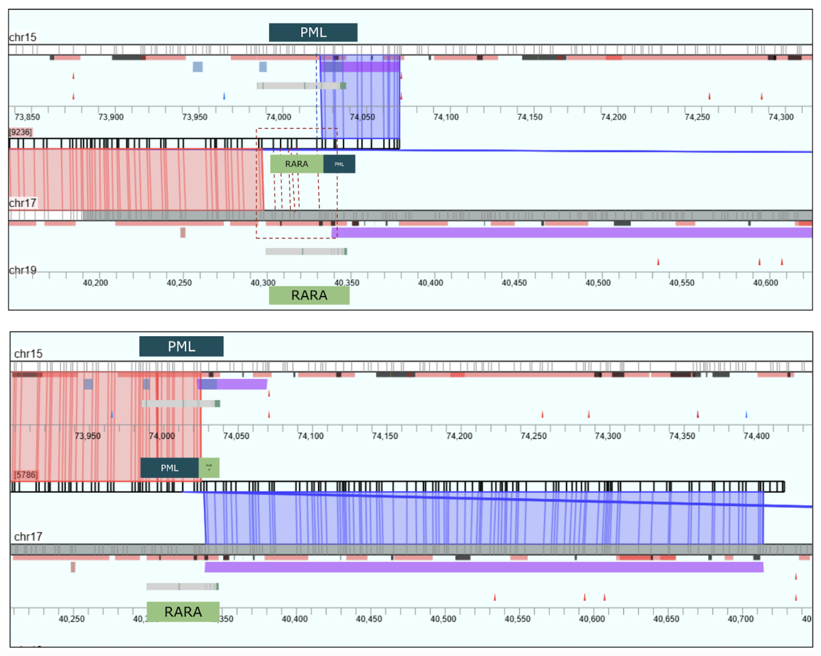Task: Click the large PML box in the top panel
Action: pyautogui.click(x=313, y=33)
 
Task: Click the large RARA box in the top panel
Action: pyautogui.click(x=309, y=295)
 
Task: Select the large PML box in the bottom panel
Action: pyautogui.click(x=182, y=346)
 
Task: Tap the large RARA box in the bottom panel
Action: pyautogui.click(x=183, y=612)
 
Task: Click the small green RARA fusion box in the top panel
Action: pyautogui.click(x=297, y=164)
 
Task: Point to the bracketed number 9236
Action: pyautogui.click(x=21, y=132)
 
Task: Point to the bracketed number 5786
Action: pyautogui.click(x=26, y=475)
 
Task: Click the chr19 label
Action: pyautogui.click(x=23, y=270)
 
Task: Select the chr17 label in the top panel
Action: pyautogui.click(x=23, y=203)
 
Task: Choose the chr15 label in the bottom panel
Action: pyautogui.click(x=28, y=354)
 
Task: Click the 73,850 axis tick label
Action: pyautogui.click(x=27, y=117)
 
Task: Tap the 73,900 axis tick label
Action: pyautogui.click(x=111, y=117)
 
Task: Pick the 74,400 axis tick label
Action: pyautogui.click(x=756, y=436)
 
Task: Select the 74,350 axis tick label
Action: pyautogui.click(x=682, y=436)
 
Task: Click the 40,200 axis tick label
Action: pyautogui.click(x=96, y=283)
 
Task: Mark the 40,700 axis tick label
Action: pyautogui.click(x=740, y=619)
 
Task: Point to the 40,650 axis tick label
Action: pyautogui.click(x=666, y=619)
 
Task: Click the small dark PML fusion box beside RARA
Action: pyautogui.click(x=339, y=164)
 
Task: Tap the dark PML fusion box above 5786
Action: pyautogui.click(x=169, y=468)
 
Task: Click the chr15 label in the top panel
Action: pyautogui.click(x=23, y=37)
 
